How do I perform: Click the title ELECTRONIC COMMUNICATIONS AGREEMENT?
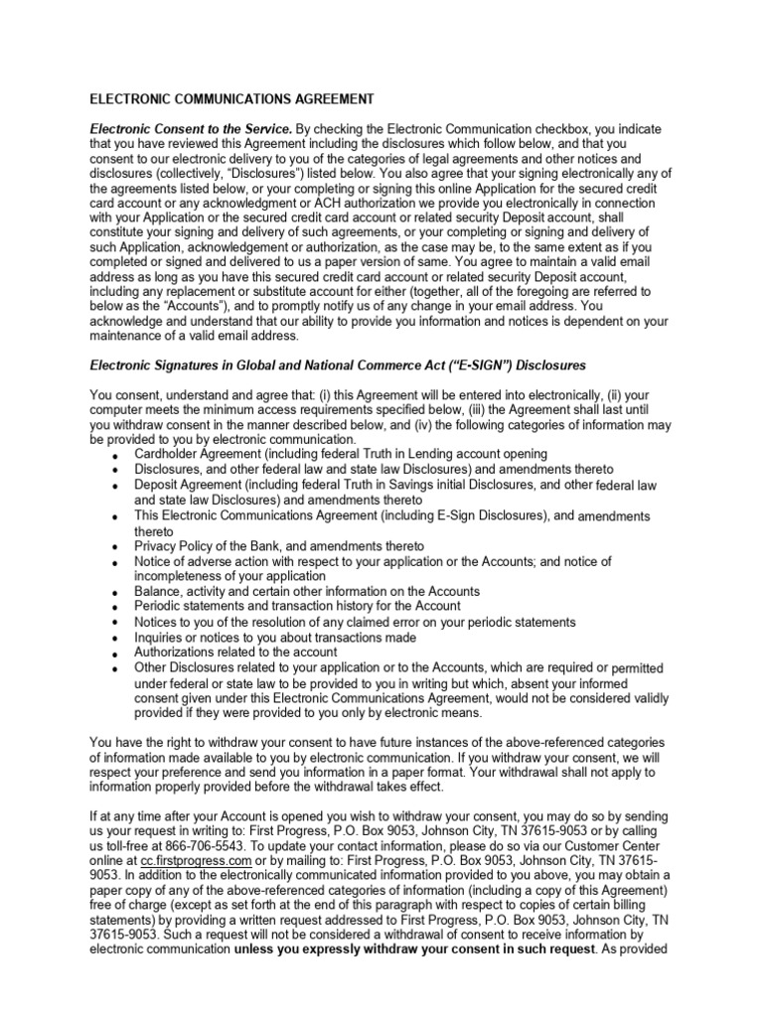pos(232,99)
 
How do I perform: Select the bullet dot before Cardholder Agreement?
pos(116,456)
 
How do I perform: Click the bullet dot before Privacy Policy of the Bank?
pos(116,548)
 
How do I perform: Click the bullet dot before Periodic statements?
pos(116,608)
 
